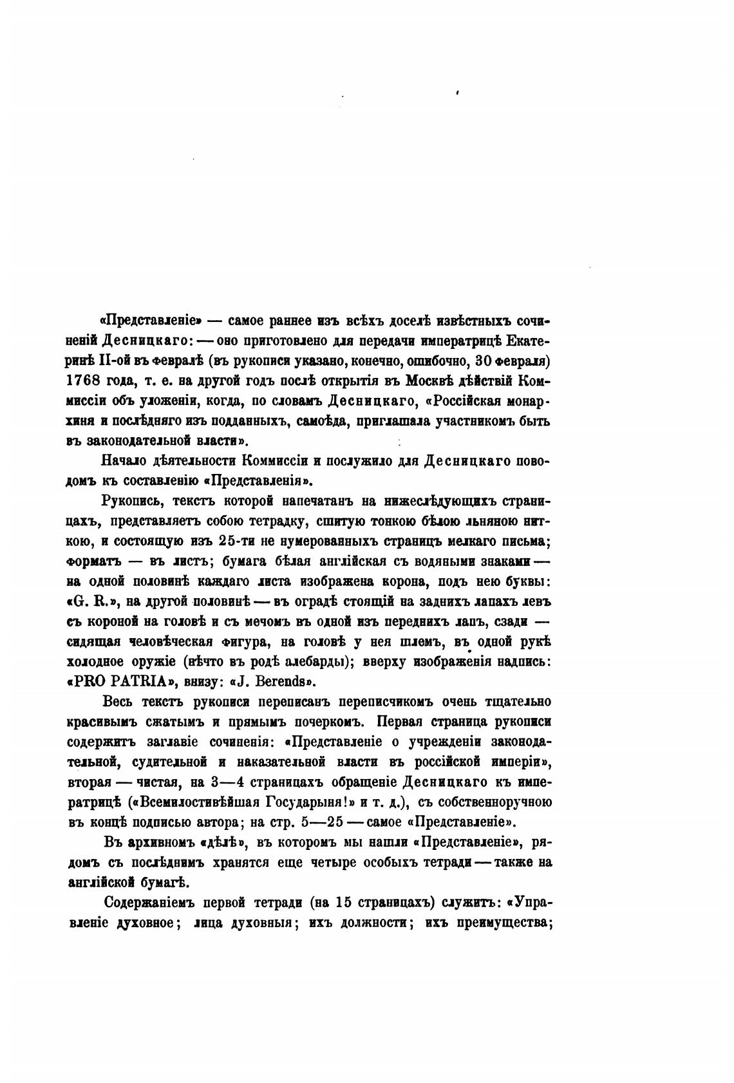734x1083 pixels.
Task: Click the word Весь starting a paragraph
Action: (118, 702)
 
